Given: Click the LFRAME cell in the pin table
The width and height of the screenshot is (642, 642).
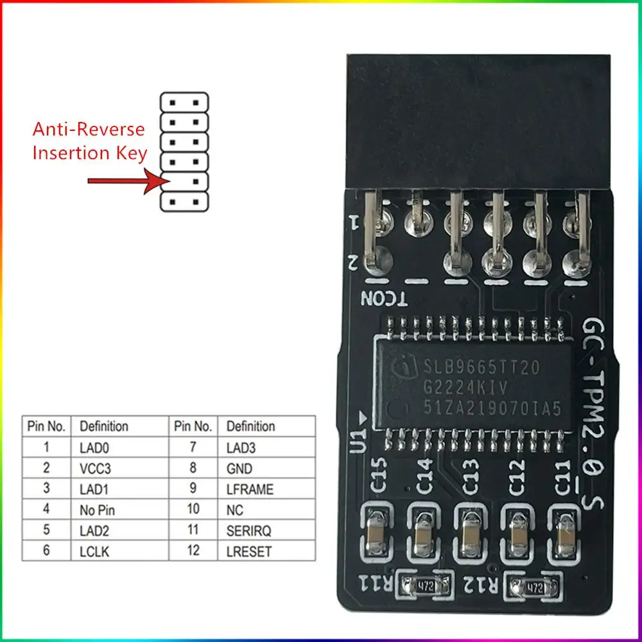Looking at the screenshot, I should [x=250, y=489].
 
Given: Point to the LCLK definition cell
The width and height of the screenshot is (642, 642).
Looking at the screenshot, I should [x=94, y=550].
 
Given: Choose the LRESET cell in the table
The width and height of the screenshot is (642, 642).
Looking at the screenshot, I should [x=249, y=550].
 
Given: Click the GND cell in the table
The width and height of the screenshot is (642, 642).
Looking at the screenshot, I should [x=239, y=468].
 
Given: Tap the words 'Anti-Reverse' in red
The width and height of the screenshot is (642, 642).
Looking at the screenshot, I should [x=89, y=130].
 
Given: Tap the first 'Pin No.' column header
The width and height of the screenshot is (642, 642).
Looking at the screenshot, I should [x=46, y=426].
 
